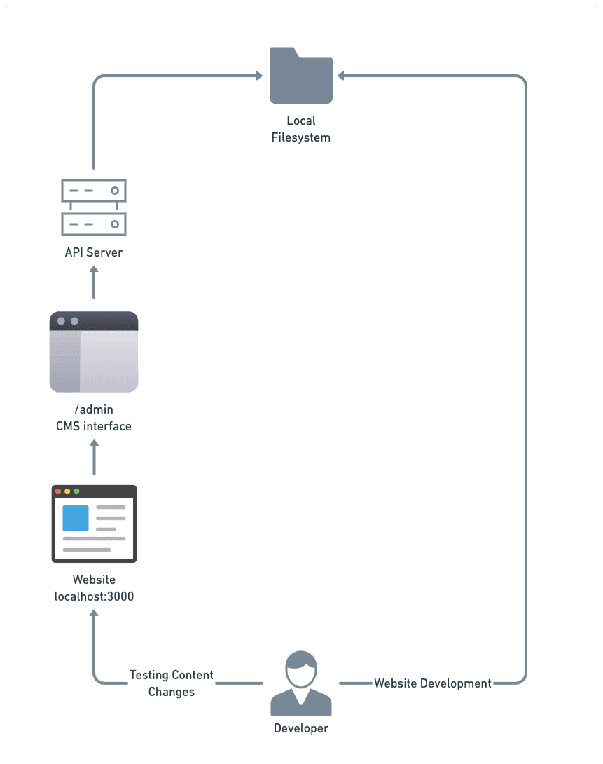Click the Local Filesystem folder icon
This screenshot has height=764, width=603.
tap(300, 76)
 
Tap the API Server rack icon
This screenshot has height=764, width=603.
tap(94, 207)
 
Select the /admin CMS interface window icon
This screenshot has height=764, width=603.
tap(94, 352)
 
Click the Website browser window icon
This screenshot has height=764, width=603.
tap(94, 524)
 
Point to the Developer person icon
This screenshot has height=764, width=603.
tap(300, 683)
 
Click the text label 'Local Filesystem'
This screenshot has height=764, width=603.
tap(300, 129)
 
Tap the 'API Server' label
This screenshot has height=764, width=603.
tap(94, 252)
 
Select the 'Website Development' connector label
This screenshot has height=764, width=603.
tap(433, 683)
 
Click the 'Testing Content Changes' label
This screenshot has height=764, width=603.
tap(172, 683)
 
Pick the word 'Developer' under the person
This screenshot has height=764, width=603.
tap(300, 728)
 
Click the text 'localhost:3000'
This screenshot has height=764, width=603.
tap(94, 596)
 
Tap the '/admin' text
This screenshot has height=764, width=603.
tap(94, 409)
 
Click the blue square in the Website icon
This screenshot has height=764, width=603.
tap(76, 518)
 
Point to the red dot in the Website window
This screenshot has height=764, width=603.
tap(58, 491)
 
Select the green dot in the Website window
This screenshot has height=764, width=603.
tap(76, 491)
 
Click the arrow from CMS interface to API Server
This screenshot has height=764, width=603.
tap(94, 282)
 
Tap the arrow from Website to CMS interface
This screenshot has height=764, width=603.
tap(94, 457)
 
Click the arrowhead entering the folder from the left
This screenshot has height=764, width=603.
tap(259, 76)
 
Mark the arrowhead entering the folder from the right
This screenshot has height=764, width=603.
tap(340, 76)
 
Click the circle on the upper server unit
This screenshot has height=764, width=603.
tap(114, 191)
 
